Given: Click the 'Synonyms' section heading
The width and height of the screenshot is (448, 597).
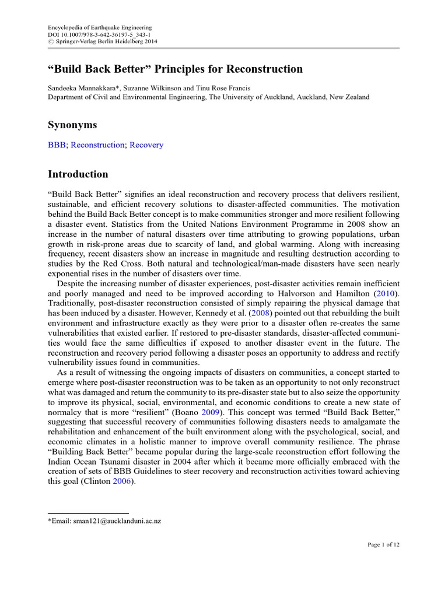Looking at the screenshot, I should [x=72, y=125].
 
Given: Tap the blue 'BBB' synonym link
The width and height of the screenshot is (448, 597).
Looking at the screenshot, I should [x=57, y=145].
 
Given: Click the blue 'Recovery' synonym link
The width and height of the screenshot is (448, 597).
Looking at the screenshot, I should [x=146, y=145].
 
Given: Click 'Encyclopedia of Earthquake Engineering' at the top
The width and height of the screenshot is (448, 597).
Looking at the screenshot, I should [x=99, y=27].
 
